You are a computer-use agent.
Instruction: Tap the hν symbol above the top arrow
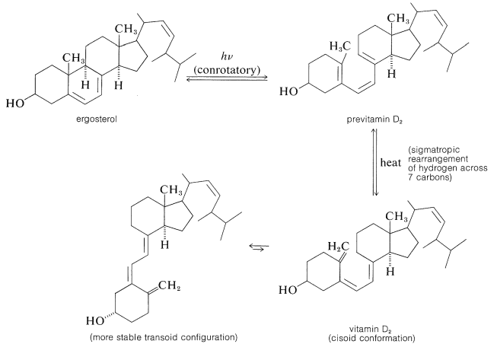(x=227, y=57)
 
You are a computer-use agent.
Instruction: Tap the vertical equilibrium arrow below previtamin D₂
(x=374, y=161)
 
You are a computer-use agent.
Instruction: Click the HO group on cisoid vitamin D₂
(x=290, y=290)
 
